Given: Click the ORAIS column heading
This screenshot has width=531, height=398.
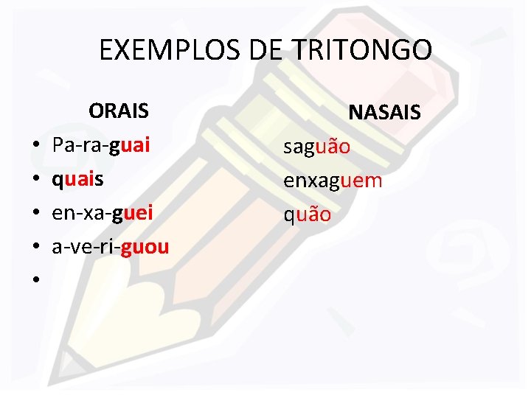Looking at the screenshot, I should [119, 111].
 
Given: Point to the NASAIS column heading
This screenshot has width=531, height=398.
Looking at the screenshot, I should [384, 113].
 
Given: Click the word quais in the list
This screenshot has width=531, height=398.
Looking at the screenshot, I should [77, 180].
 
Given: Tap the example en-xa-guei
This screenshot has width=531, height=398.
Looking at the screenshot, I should [103, 213].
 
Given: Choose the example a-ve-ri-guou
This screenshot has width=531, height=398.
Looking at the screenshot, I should [110, 247].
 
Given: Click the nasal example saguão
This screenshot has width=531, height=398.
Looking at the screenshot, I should [318, 147].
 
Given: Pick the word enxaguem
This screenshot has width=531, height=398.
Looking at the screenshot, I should [333, 181].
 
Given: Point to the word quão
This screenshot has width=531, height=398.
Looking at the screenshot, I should [308, 214].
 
